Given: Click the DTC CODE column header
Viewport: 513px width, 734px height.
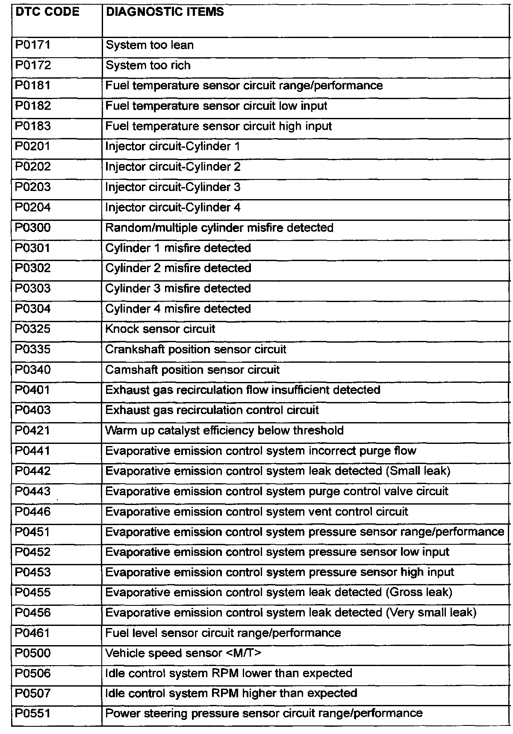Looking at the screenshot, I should pyautogui.click(x=47, y=12).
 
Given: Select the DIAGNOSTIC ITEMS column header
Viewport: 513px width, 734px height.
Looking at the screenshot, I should pyautogui.click(x=165, y=12).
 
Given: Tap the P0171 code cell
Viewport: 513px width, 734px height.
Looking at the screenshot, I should pyautogui.click(x=33, y=44).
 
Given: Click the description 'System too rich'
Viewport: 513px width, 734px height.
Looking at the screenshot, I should pyautogui.click(x=148, y=65).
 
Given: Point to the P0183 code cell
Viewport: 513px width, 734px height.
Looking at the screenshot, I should pyautogui.click(x=33, y=126).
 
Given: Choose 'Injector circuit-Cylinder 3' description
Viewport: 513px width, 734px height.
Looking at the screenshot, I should pyautogui.click(x=173, y=187).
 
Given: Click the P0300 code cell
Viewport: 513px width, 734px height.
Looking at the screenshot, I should pyautogui.click(x=33, y=227).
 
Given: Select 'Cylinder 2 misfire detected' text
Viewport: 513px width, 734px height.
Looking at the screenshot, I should pyautogui.click(x=178, y=268).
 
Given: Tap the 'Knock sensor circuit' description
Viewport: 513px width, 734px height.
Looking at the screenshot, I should pyautogui.click(x=160, y=329).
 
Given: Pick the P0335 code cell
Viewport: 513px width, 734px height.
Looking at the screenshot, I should pyautogui.click(x=33, y=349).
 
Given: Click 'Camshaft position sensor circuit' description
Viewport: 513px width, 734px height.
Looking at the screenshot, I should pyautogui.click(x=192, y=370).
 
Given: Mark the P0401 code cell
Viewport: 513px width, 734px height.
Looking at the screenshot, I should pyautogui.click(x=33, y=390).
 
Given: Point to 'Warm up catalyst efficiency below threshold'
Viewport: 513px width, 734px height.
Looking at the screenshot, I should pyautogui.click(x=224, y=430).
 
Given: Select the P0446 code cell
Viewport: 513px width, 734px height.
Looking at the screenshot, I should pyautogui.click(x=33, y=511).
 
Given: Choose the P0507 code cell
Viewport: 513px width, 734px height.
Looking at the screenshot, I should pyautogui.click(x=33, y=693).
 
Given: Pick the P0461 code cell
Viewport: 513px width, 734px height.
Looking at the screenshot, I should pyautogui.click(x=33, y=633).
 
